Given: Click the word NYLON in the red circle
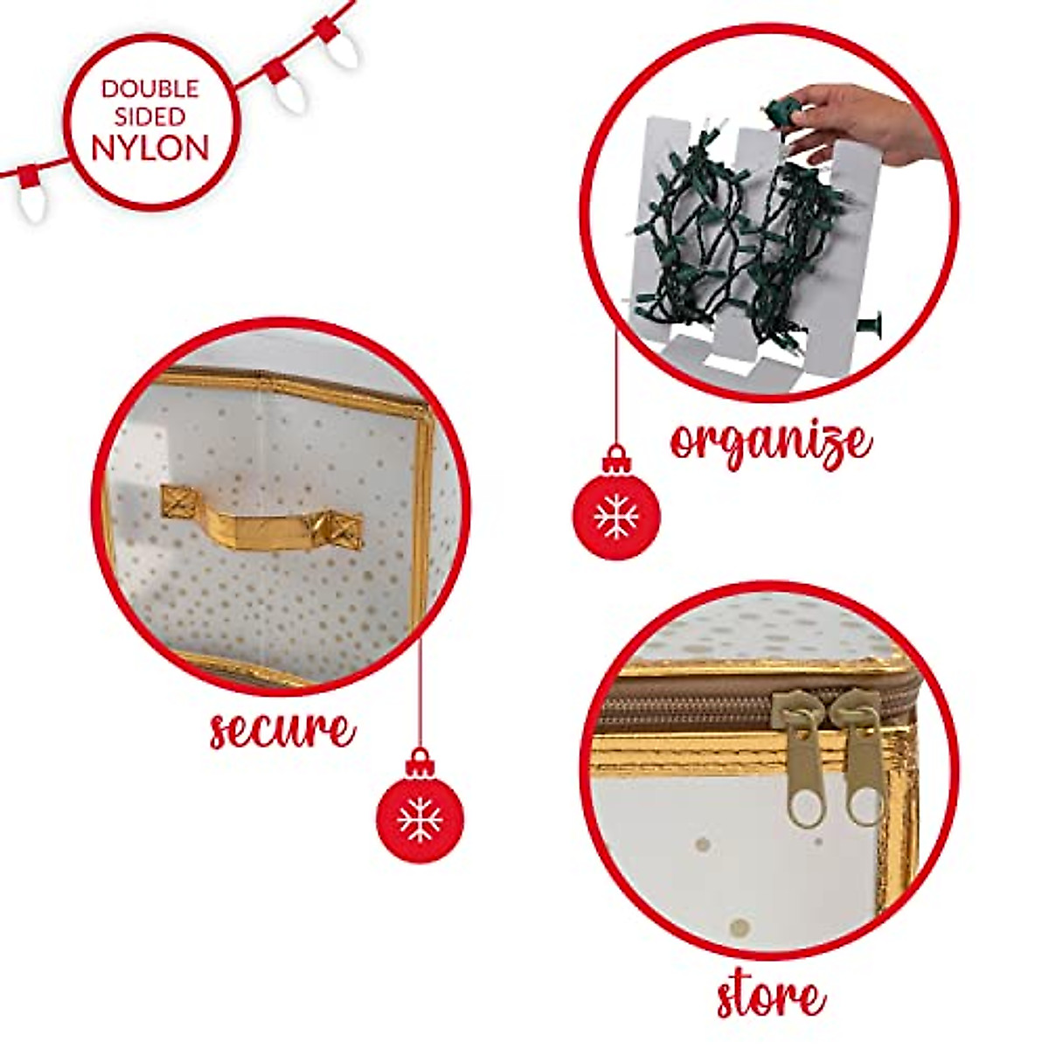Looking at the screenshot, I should point(150,147).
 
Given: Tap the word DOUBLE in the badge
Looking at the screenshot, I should point(150,88).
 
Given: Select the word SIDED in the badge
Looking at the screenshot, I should point(150,116).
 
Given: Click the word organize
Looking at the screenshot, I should point(770,442).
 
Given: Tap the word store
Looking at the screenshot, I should point(770,996).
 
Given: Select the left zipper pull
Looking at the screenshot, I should point(802,761).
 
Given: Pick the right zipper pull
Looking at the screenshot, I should point(858,756).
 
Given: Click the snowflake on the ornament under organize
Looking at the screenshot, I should point(616,517).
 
